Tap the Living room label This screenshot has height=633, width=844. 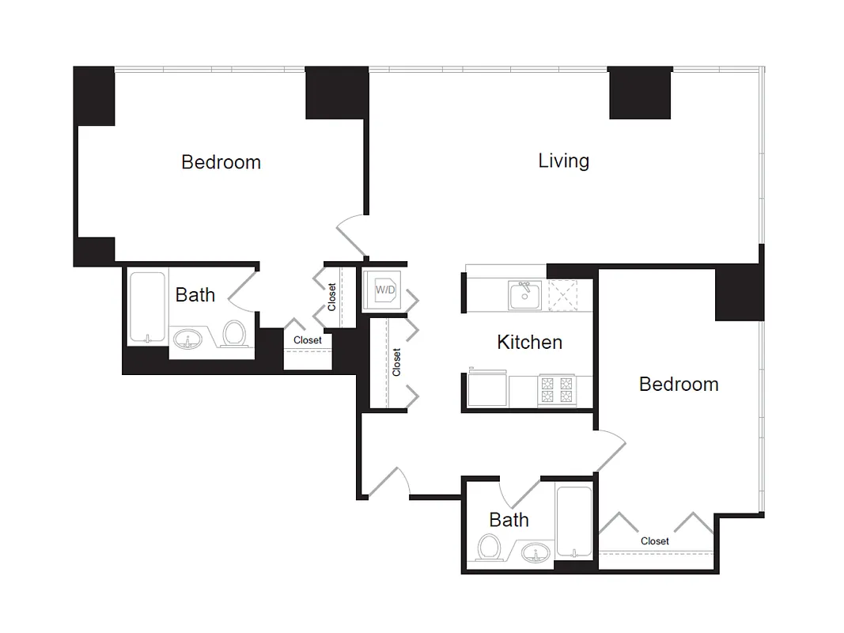(563, 161)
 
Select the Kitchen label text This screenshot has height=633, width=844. (529, 342)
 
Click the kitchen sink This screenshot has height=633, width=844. (525, 296)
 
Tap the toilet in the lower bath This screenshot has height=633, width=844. (490, 547)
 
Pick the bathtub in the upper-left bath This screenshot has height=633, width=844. (148, 307)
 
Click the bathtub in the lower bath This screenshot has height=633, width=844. (571, 521)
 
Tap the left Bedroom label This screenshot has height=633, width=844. (221, 162)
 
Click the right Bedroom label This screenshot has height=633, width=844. (679, 384)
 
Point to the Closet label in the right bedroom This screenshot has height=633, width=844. (655, 541)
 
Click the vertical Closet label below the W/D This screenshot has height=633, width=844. (396, 362)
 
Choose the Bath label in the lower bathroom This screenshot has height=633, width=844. (509, 520)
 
